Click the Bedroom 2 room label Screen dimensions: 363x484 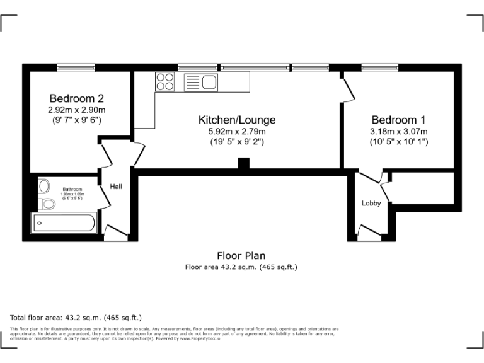[x=76, y=98]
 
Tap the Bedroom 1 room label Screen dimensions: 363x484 [x=398, y=120]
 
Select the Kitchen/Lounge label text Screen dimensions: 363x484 [x=237, y=120]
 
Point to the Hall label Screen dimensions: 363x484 [x=116, y=187]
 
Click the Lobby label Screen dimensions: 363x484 [x=371, y=203]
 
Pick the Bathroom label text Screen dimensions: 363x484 [x=72, y=189]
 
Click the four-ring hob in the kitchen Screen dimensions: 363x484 [x=165, y=81]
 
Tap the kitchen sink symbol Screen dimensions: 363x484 [x=201, y=82]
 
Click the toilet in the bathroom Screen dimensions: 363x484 [x=47, y=204]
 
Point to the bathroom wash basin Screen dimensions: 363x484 [x=44, y=186]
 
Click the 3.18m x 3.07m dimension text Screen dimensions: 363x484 [x=398, y=131]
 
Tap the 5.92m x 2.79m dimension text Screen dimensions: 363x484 [x=237, y=131]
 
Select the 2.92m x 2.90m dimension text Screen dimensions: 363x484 [x=76, y=109]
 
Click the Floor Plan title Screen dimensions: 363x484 [x=241, y=256]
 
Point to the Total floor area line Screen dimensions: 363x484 [x=76, y=317]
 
